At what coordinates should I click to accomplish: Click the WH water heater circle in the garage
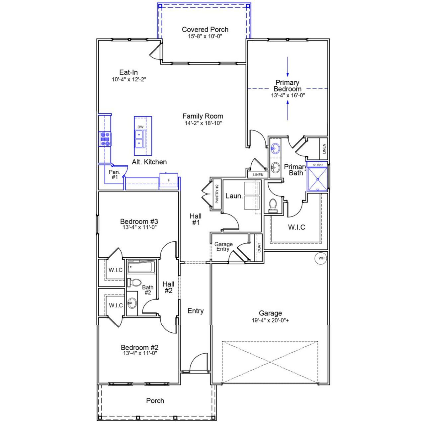(x=321, y=258)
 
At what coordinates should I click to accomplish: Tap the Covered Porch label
(x=205, y=30)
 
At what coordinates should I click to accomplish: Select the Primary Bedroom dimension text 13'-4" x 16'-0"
(x=288, y=95)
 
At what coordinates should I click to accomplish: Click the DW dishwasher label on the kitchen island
(x=140, y=127)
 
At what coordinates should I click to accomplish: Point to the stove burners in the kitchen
(x=105, y=139)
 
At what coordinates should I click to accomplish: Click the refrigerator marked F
(x=169, y=180)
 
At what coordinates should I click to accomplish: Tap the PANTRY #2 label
(x=217, y=194)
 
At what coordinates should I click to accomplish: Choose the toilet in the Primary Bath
(x=273, y=206)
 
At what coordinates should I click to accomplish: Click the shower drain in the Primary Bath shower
(x=318, y=179)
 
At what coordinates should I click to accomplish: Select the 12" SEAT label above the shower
(x=317, y=164)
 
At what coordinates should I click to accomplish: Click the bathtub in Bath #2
(x=141, y=266)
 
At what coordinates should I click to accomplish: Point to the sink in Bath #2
(x=132, y=303)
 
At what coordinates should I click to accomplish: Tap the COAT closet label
(x=259, y=248)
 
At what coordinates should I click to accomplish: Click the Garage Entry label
(x=223, y=247)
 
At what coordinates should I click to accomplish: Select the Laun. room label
(x=234, y=196)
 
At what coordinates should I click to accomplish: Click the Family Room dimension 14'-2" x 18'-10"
(x=203, y=123)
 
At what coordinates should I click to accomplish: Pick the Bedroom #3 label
(x=139, y=221)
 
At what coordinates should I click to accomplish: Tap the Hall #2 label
(x=168, y=287)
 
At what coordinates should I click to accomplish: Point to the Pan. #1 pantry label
(x=114, y=175)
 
